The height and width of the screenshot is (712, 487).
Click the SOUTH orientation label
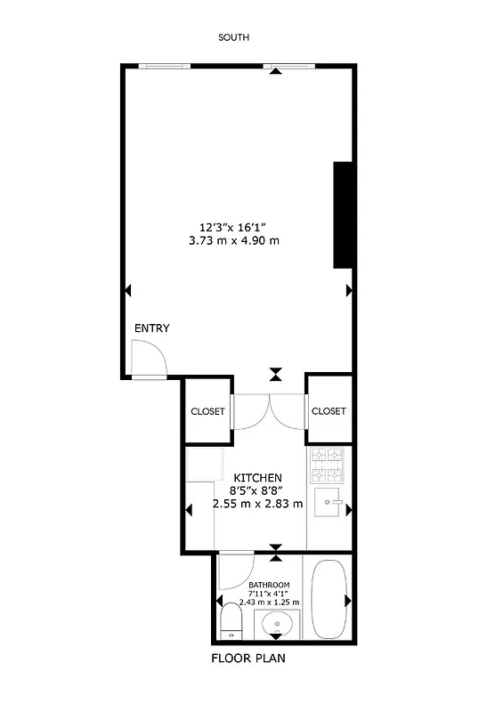coord(234,37)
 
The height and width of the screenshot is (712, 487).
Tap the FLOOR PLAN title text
coord(248,659)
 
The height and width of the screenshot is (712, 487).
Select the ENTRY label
coord(151,328)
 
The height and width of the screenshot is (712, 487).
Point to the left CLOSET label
coord(207,411)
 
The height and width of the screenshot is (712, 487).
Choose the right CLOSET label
coord(329,411)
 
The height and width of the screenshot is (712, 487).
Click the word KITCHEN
coord(258,478)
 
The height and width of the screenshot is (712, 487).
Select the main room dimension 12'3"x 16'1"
coord(233,226)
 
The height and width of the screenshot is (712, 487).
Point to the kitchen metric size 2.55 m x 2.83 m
coord(258,503)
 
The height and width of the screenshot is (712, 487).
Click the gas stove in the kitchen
coord(327,464)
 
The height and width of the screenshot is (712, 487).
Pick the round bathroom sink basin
coord(279,624)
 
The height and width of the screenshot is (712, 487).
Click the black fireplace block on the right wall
coord(344,214)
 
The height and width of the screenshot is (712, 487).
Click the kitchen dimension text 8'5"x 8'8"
coord(258,490)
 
